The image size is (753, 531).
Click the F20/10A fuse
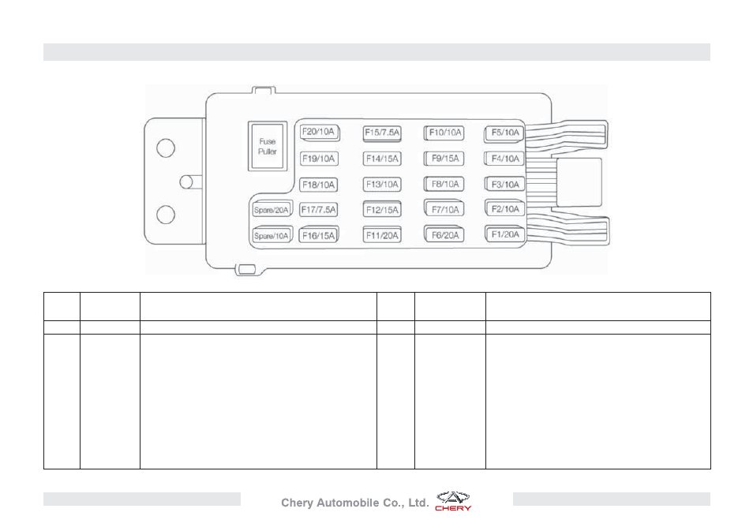(320, 133)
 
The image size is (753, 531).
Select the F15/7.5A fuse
(382, 133)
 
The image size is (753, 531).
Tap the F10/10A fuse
(444, 133)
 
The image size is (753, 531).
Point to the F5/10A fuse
(504, 133)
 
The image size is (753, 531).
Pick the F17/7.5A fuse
(318, 210)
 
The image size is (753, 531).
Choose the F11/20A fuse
(382, 235)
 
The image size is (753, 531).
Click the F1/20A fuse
(504, 234)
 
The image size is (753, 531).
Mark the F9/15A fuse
(444, 159)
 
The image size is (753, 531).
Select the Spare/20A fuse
(272, 209)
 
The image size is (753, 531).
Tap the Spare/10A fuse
(272, 235)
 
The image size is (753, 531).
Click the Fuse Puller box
(268, 146)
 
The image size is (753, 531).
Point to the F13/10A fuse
(382, 185)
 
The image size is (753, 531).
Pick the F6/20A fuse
(444, 235)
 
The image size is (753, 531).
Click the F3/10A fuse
(504, 185)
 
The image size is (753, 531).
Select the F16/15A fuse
(318, 235)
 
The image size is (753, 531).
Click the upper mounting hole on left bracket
(166, 148)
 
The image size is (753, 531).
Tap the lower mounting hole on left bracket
(166, 215)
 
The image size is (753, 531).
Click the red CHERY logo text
(453, 508)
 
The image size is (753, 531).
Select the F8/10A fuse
(444, 185)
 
